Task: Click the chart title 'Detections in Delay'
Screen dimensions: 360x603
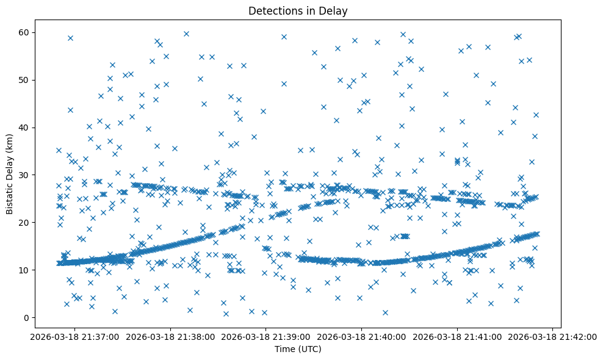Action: (298, 10)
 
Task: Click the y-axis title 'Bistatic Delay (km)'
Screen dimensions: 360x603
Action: (10, 175)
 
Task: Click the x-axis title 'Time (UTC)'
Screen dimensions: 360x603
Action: (298, 349)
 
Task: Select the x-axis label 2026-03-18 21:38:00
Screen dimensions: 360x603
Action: (170, 336)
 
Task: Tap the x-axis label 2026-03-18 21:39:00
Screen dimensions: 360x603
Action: (265, 336)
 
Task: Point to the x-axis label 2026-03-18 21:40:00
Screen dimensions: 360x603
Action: (361, 336)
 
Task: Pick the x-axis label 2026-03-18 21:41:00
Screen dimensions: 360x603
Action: (457, 336)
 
